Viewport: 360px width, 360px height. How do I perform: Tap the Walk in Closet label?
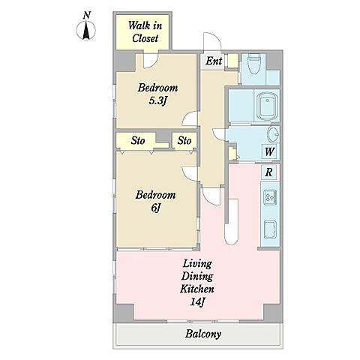tap(145, 31)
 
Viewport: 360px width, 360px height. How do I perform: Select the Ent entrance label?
tap(214, 61)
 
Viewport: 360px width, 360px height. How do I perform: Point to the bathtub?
tap(268, 106)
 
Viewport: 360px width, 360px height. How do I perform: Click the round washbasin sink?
tap(274, 134)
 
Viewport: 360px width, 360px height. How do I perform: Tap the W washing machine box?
tap(269, 151)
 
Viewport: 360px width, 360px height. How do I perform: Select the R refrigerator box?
tap(268, 172)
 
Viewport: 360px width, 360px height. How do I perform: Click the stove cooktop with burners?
tap(270, 197)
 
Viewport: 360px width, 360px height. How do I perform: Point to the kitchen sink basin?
tap(271, 229)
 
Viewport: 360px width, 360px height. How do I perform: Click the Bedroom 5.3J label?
tap(157, 94)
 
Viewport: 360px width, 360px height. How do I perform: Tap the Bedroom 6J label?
tap(155, 201)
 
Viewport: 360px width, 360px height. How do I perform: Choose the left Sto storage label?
tap(138, 141)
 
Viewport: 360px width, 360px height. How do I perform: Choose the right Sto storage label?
tap(184, 141)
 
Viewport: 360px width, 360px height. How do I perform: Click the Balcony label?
tap(203, 334)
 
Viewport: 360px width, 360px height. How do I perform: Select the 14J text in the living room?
tap(197, 301)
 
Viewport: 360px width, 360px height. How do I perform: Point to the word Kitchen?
tap(197, 289)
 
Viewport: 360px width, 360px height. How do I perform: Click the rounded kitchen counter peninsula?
tap(231, 222)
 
